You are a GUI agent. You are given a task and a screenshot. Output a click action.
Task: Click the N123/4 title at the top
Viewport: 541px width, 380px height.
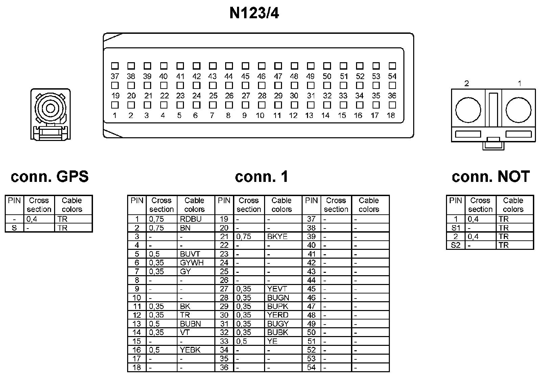pos(254,14)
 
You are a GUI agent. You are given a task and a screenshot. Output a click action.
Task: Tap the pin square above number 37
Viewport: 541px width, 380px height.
pos(115,66)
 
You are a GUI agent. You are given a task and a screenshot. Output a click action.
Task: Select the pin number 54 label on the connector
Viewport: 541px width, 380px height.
pos(392,76)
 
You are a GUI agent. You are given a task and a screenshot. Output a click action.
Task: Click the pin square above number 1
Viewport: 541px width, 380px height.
pos(115,105)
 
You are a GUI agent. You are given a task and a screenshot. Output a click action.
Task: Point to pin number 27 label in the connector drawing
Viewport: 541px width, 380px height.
pos(246,96)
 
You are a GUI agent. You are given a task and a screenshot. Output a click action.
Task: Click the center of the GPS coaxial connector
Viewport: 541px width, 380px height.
pos(50,109)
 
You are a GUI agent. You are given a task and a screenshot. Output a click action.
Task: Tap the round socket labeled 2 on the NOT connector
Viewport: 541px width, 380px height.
pos(468,110)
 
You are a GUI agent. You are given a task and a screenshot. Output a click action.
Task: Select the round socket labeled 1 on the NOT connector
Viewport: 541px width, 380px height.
pos(518,110)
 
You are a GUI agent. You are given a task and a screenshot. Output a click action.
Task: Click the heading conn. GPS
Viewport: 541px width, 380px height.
pos(50,176)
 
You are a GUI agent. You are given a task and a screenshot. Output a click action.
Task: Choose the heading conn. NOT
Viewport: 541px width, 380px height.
pos(491,176)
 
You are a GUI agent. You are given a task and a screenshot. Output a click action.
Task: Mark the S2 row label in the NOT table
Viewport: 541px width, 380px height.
pos(455,245)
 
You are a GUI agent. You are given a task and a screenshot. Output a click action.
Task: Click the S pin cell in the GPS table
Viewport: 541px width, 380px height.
pos(14,228)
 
